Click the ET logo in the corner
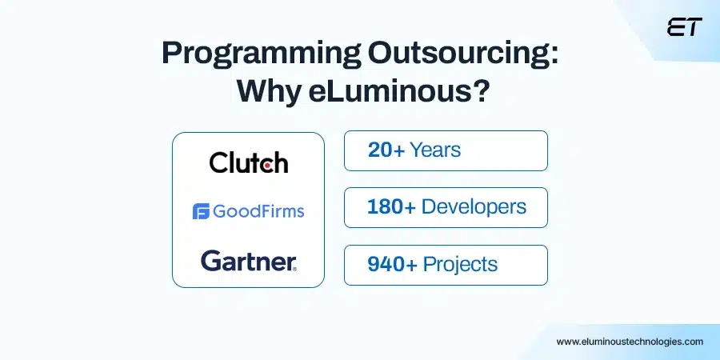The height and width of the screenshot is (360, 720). pyautogui.click(x=684, y=26)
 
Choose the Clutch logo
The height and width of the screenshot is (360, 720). pyautogui.click(x=248, y=163)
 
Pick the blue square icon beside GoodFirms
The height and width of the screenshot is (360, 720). pyautogui.click(x=201, y=211)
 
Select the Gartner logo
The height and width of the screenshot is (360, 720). pyautogui.click(x=248, y=260)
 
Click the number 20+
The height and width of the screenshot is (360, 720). pyautogui.click(x=386, y=150)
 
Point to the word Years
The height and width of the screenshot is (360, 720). pyautogui.click(x=435, y=150)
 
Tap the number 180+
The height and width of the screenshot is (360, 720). pyautogui.click(x=391, y=206)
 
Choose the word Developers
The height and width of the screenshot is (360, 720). pyautogui.click(x=474, y=206)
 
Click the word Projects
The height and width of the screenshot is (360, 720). pyautogui.click(x=460, y=264)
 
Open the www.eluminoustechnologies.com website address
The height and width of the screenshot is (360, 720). pyautogui.click(x=630, y=341)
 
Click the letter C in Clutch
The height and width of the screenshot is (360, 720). pyautogui.click(x=218, y=163)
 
